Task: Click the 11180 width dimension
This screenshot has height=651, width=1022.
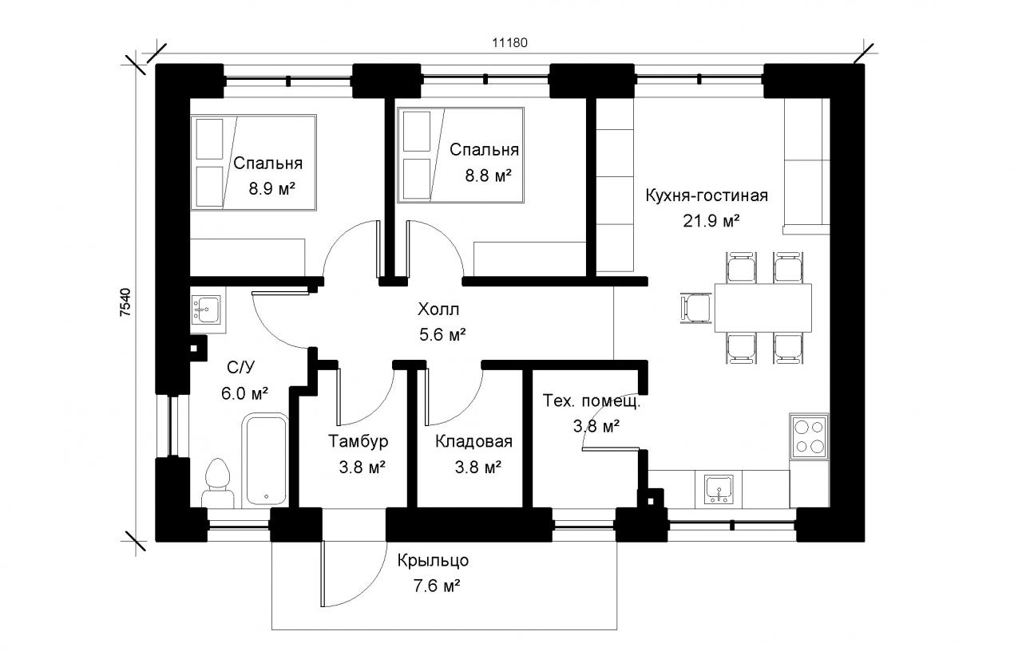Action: coord(509,43)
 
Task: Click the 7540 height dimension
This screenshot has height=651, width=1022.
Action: coord(125,302)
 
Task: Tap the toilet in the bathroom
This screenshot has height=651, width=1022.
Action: coord(218,483)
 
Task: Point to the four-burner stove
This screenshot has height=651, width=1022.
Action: coord(810,436)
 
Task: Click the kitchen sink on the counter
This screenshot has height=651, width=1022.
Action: coord(719,489)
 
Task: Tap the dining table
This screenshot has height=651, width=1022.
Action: coord(763,308)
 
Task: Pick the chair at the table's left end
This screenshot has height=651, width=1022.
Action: coord(696,308)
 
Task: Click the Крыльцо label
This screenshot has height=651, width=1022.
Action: coord(433,561)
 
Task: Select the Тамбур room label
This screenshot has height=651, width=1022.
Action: coord(358,441)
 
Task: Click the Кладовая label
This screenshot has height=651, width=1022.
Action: coord(473,441)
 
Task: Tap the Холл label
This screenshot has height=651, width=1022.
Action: coord(438,310)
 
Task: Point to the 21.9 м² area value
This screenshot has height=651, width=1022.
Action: coord(711,221)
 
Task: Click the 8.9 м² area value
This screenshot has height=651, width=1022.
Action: coord(272,188)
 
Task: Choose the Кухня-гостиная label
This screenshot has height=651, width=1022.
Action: coord(707,195)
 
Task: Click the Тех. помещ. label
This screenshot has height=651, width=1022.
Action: coord(592,401)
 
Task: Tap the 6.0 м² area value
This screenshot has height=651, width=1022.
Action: coord(244,393)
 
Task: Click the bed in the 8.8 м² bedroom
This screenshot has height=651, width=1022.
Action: coord(461,156)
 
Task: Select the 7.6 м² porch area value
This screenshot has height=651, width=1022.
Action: coord(437,586)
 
